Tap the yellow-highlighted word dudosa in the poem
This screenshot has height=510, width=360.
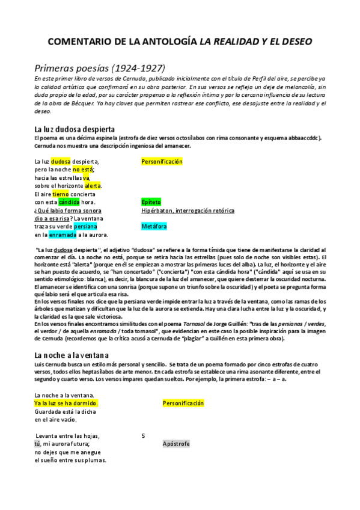tap(61, 162)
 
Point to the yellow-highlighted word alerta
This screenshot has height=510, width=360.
tap(93, 186)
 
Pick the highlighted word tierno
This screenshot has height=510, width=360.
tap(61, 194)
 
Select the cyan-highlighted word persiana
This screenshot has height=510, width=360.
tap(87, 227)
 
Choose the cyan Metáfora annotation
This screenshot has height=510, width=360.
tap(154, 227)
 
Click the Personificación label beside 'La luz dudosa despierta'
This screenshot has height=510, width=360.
tap(162, 162)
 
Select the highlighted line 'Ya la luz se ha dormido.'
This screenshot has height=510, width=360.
tap(66, 403)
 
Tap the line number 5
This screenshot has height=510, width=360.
tap(143, 436)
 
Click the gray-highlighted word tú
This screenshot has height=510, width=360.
tap(37, 444)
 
